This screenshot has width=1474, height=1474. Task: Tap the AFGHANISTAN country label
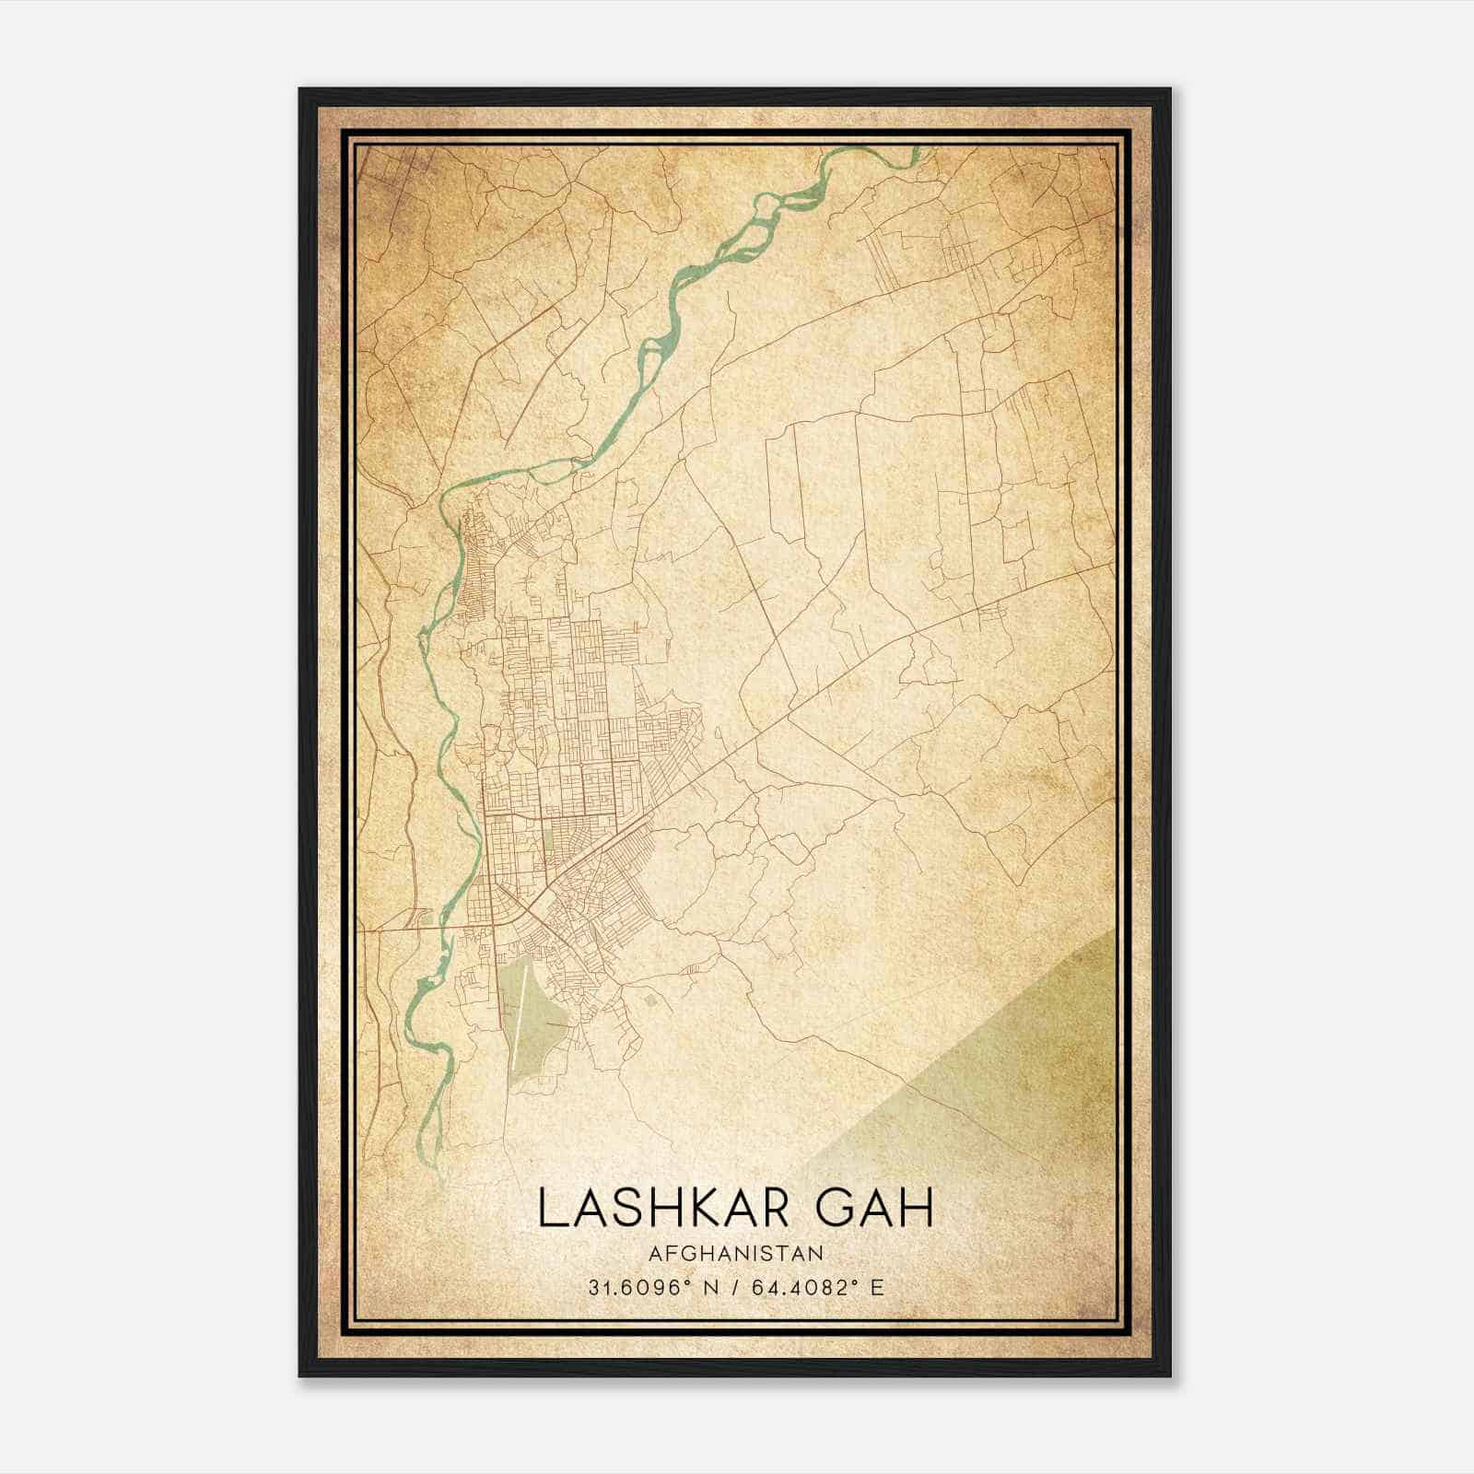[735, 1253]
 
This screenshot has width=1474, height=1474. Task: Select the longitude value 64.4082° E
[818, 1287]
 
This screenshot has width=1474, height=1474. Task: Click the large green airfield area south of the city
[539, 1023]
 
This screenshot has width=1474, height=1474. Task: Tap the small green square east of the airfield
[652, 999]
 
